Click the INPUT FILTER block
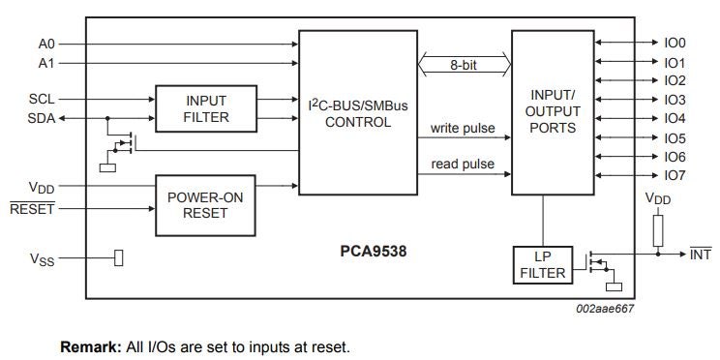click(x=206, y=108)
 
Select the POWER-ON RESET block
click(x=206, y=205)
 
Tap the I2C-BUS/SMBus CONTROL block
click(x=357, y=112)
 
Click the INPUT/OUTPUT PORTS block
click(x=553, y=112)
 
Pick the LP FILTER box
click(x=543, y=265)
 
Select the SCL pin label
click(x=43, y=99)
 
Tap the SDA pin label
click(x=43, y=118)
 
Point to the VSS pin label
click(x=41, y=258)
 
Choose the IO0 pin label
click(x=675, y=44)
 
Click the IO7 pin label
click(x=675, y=175)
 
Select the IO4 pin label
click(x=675, y=119)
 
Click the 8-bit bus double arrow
click(x=465, y=66)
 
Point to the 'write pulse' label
click(x=463, y=128)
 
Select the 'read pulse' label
click(x=463, y=165)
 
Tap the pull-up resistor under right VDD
click(x=658, y=229)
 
